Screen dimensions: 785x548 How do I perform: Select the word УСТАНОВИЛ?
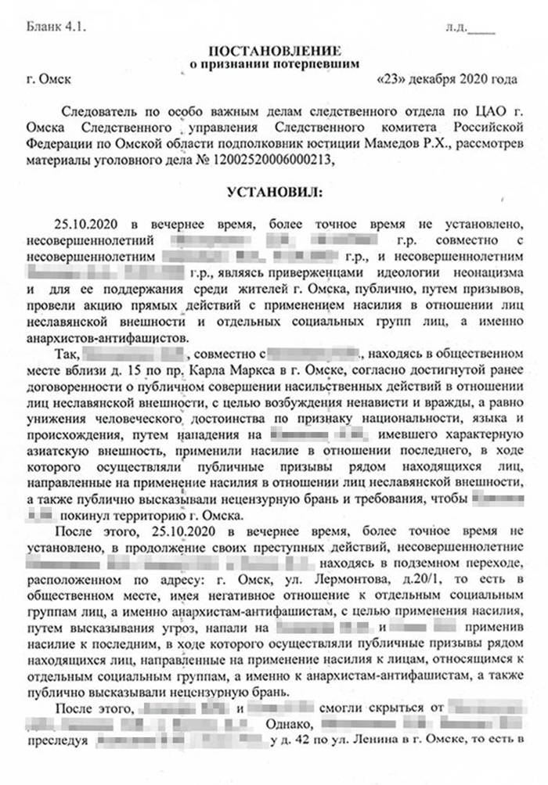tap(274, 190)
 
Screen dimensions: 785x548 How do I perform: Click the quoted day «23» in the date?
tap(391, 80)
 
